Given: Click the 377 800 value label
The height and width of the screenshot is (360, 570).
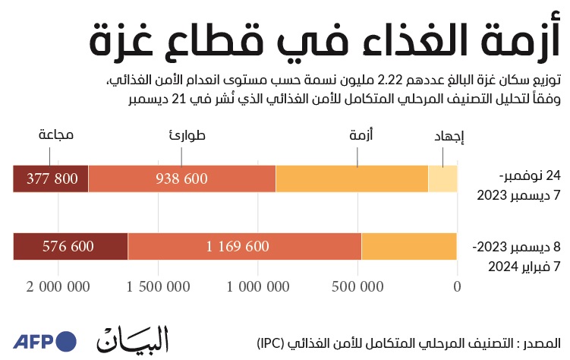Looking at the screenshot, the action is tap(52, 178).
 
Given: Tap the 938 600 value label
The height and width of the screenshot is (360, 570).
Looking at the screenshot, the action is tap(181, 178).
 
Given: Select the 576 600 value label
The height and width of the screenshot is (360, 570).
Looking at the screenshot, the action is tap(68, 246).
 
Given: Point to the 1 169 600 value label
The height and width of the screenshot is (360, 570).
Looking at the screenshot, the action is tap(238, 246).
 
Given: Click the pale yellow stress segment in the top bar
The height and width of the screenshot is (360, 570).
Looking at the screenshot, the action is tap(442, 178).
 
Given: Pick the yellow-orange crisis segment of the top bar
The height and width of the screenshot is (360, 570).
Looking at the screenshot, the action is tap(352, 178).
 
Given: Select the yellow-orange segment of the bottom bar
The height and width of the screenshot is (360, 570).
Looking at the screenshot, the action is tap(409, 246).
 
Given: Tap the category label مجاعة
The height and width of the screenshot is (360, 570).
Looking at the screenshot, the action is tap(56, 135).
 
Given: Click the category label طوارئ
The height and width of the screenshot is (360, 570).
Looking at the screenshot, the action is tap(187, 135).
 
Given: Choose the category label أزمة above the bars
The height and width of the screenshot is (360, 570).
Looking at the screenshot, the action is tap(361, 135).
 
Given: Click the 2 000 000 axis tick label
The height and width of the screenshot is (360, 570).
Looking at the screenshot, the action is tap(58, 287).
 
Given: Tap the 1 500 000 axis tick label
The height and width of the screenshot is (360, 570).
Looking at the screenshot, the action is tap(158, 287).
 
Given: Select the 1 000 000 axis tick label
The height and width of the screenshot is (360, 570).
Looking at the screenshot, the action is tap(258, 287).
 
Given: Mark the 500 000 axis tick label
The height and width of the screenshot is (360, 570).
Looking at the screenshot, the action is tap(357, 287).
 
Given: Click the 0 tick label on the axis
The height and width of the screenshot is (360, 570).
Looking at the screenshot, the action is tap(458, 287).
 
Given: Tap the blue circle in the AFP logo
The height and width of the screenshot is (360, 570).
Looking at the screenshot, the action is tap(65, 342).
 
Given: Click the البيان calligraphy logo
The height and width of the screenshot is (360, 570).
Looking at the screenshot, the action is tap(133, 339).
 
